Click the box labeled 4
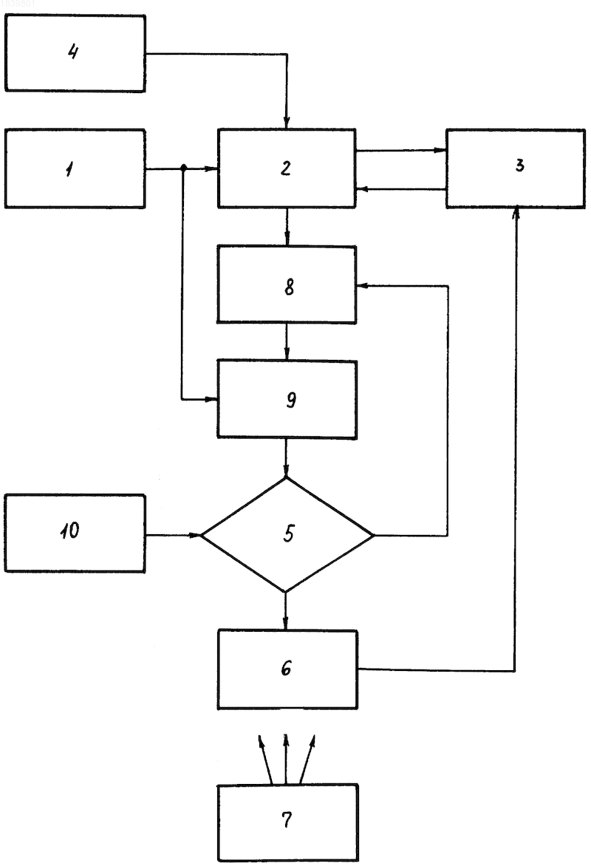[x=75, y=53]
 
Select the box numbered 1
[x=75, y=168]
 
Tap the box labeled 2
[x=287, y=168]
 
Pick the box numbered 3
[x=516, y=168]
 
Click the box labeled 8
[x=287, y=284]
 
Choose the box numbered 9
[x=287, y=399]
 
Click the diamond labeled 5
[x=287, y=535]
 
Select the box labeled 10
[x=75, y=533]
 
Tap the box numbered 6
[x=287, y=669]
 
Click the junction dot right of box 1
[x=182, y=167]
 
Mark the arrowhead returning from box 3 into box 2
[x=362, y=189]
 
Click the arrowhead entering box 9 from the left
[x=211, y=399]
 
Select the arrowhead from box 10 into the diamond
[x=194, y=535]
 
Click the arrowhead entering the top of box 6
[x=286, y=624]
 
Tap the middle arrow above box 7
[x=286, y=759]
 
